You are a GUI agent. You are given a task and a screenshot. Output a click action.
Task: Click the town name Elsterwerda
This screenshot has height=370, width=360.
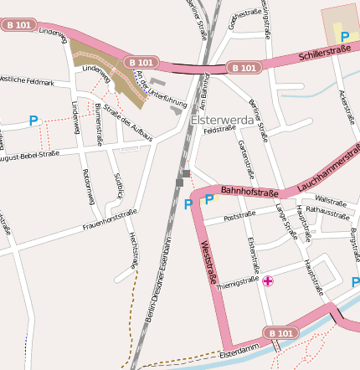[223, 120]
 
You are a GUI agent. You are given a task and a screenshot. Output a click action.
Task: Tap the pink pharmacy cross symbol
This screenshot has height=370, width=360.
[268, 281]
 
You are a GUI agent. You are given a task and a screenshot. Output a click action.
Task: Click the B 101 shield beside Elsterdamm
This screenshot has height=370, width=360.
[281, 333]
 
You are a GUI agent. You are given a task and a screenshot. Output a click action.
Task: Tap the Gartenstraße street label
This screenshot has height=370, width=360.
[245, 158]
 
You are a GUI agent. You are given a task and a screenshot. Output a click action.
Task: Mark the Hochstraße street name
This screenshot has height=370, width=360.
[132, 251]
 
